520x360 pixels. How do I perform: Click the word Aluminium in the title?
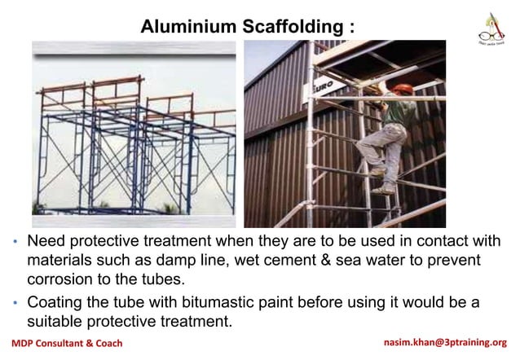188,26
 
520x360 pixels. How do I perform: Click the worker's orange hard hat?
400,89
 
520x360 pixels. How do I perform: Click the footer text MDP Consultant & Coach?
67,343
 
